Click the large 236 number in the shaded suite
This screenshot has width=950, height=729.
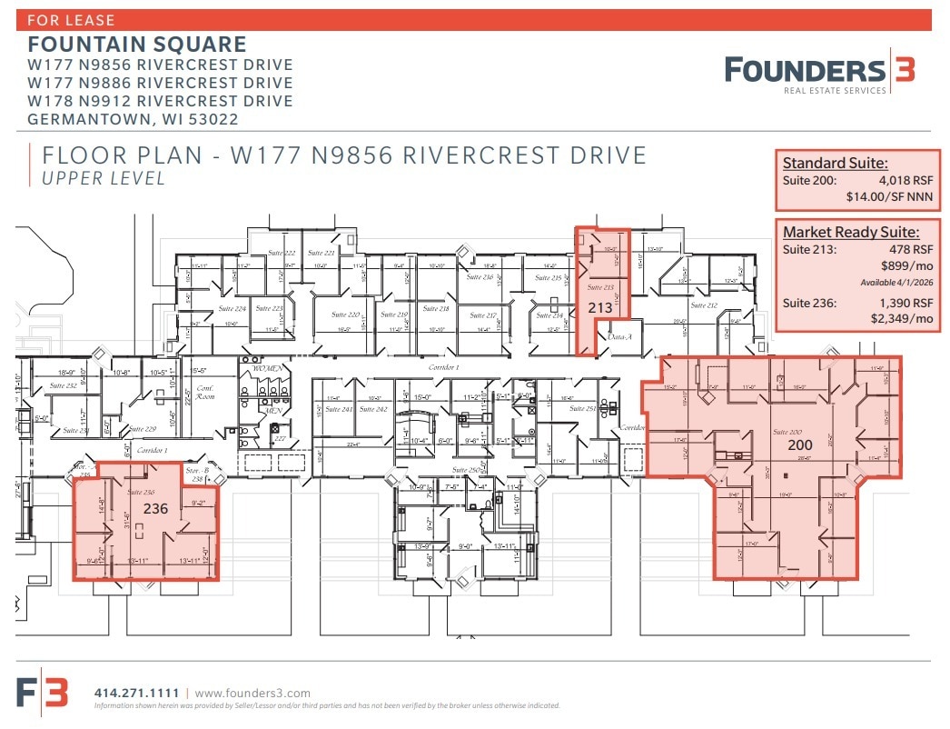coord(155,509)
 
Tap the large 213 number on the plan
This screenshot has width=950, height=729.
coord(599,308)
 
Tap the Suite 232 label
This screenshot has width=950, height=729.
coord(63,386)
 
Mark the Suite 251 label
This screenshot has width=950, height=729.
coord(582,410)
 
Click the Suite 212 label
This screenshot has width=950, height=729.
coord(704,306)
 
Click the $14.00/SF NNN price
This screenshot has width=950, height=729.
coord(894,196)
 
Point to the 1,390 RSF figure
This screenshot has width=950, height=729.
coord(905,303)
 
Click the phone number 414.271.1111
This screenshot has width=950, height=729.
coord(136,694)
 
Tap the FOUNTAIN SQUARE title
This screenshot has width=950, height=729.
coord(137,45)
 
